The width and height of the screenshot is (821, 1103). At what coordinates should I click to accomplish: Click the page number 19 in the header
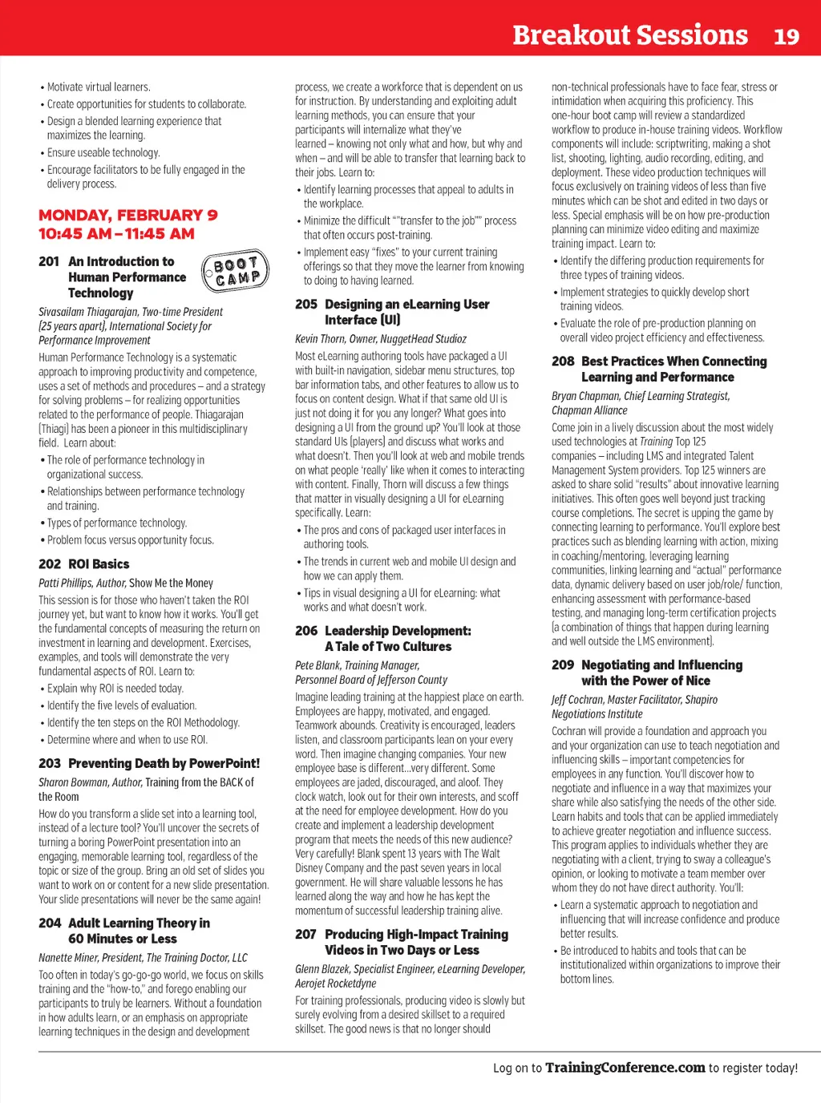click(787, 36)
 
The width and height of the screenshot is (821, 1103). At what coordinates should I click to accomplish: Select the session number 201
click(49, 261)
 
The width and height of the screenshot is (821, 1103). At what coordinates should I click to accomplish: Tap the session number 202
click(50, 564)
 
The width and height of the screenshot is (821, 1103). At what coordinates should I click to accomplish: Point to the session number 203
click(50, 764)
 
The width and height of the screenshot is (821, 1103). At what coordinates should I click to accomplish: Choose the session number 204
click(50, 923)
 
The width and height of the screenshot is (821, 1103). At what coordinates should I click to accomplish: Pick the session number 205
click(306, 305)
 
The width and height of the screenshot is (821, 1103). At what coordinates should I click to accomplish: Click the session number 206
click(306, 631)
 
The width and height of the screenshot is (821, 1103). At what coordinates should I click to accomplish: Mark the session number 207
click(306, 935)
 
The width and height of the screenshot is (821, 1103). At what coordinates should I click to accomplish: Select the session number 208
click(563, 362)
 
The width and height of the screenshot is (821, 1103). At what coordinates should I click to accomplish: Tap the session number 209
click(563, 665)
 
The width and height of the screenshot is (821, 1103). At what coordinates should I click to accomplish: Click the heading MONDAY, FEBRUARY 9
click(128, 215)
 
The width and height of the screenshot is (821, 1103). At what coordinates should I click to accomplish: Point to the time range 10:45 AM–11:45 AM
click(117, 233)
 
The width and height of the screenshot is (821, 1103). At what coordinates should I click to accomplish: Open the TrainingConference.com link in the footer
click(625, 1068)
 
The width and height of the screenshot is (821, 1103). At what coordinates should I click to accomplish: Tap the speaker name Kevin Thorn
click(318, 339)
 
